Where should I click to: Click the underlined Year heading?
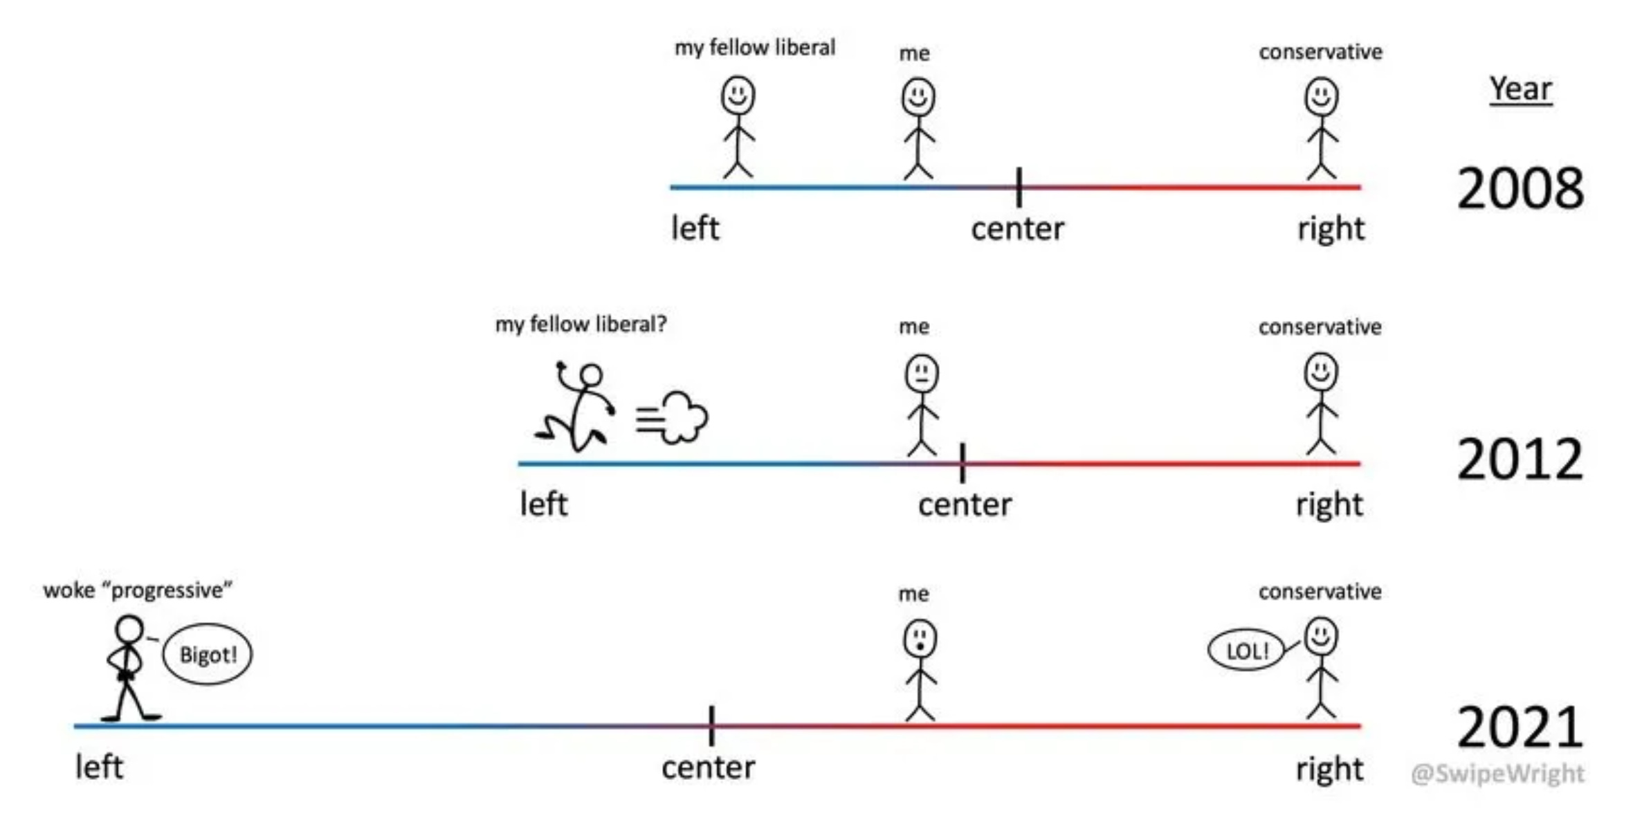point(1520,89)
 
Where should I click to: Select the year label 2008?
point(1520,188)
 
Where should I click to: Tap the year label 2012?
point(1520,460)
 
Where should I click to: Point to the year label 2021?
point(1520,727)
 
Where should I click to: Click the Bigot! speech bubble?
point(208,654)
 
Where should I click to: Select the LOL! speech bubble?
point(1246,651)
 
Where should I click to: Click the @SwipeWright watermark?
point(1497,773)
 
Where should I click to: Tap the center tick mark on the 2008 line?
point(1019,187)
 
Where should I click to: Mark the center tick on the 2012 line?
point(963,463)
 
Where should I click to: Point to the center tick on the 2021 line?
point(711,726)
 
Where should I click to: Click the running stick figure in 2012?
point(578,408)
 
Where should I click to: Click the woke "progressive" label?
point(138,590)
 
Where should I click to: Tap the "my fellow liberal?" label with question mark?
point(581,324)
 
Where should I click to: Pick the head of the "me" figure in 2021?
point(920,638)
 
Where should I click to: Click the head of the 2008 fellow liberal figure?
point(738,95)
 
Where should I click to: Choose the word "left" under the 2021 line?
point(99,767)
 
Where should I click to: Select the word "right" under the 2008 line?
point(1331,229)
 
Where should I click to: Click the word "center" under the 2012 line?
point(965,505)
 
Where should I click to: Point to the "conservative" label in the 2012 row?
point(1320,327)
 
